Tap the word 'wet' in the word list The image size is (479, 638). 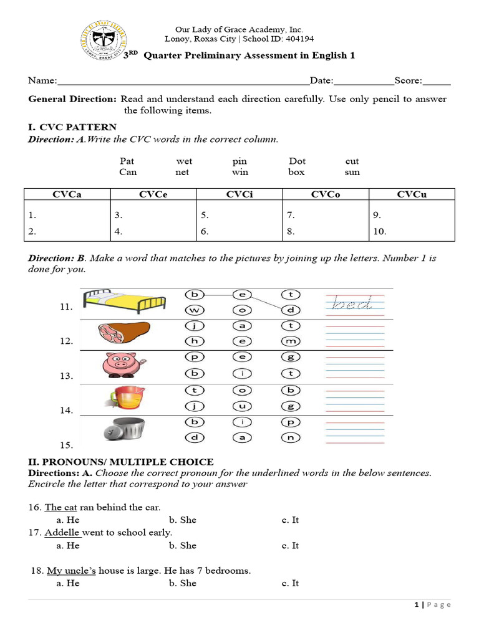point(184,161)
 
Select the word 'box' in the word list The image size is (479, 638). point(296,172)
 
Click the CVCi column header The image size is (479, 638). point(239,194)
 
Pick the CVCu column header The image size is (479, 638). point(411,194)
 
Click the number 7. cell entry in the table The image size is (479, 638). point(291,215)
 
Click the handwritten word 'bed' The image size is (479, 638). point(352,303)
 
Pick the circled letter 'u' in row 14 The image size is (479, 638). point(241,406)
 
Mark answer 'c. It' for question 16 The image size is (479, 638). point(290,520)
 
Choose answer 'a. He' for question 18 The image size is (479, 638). point(68,583)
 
